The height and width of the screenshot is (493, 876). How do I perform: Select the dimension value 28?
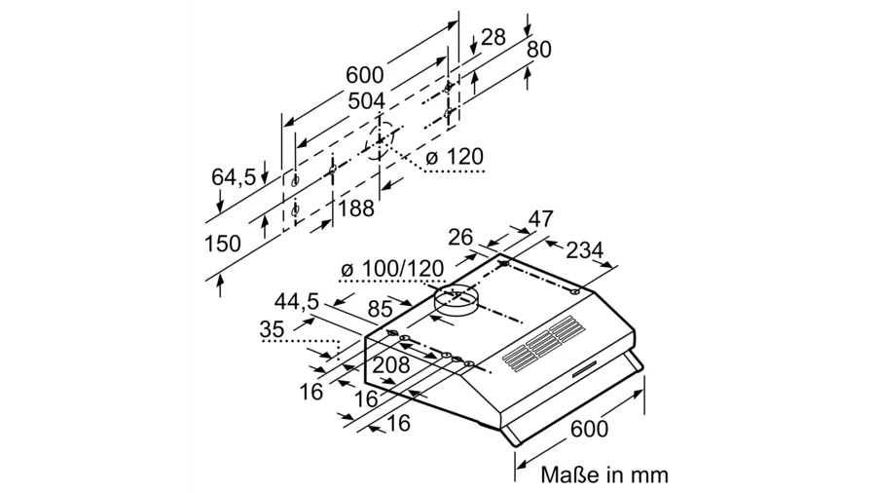[x=493, y=38]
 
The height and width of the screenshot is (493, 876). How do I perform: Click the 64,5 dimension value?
[x=234, y=176]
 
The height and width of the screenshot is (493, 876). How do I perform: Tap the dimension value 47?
[x=540, y=218]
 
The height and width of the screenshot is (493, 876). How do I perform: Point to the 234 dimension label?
[x=584, y=250]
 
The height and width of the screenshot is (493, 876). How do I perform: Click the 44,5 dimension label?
[x=297, y=302]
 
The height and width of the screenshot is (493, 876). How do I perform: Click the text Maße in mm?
[x=604, y=474]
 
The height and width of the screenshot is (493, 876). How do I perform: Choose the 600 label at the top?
[x=364, y=74]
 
